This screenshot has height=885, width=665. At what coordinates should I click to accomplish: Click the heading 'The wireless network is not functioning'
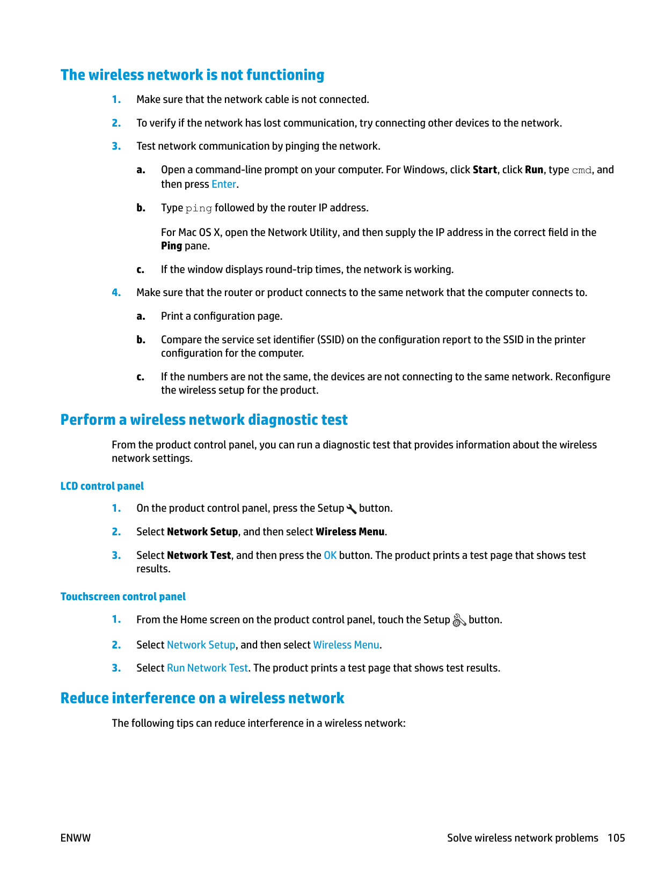[x=192, y=75]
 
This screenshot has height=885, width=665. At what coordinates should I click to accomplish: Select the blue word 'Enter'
[x=224, y=185]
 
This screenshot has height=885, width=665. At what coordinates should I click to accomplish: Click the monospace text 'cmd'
[x=581, y=171]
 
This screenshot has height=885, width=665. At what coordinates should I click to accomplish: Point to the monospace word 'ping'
[x=199, y=208]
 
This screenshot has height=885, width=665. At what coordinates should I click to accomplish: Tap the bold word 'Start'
[x=485, y=170]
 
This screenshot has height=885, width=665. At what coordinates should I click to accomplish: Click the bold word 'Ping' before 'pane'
[x=171, y=246]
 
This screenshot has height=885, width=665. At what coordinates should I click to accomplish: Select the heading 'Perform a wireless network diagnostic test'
[x=204, y=420]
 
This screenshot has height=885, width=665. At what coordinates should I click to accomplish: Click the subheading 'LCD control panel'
[x=102, y=486]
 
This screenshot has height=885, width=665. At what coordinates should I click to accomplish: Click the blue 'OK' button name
[x=330, y=556]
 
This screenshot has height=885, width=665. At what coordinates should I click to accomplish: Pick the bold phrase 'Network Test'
[x=199, y=556]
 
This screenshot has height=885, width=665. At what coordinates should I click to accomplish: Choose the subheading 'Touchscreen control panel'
[x=123, y=597]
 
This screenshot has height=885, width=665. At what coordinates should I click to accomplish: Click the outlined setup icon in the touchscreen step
[x=459, y=621]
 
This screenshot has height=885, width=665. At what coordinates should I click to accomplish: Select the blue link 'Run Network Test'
[x=207, y=668]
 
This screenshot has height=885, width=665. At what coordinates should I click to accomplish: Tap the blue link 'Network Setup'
[x=201, y=645]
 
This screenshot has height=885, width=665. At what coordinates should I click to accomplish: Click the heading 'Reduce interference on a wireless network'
[x=202, y=698]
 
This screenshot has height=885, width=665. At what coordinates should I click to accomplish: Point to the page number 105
[x=616, y=838]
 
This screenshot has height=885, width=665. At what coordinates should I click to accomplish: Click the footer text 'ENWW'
[x=76, y=838]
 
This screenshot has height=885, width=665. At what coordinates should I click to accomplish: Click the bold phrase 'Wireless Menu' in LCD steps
[x=350, y=532]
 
